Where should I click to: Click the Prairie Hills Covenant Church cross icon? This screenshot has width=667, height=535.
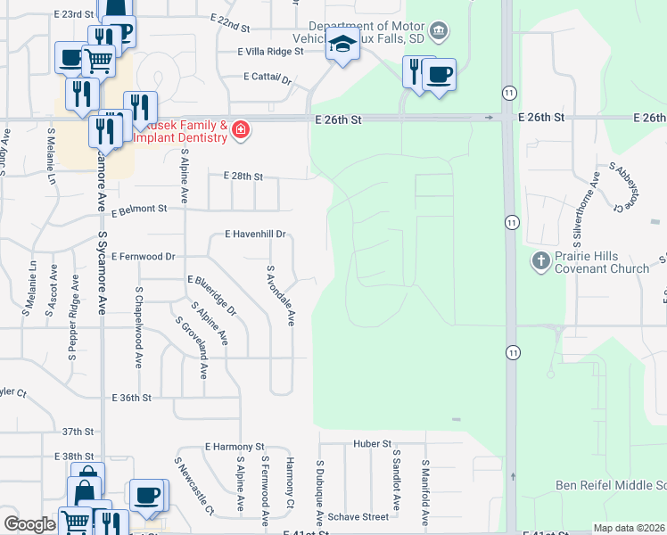point(540,261)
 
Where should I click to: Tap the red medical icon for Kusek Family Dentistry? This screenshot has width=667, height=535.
point(240,131)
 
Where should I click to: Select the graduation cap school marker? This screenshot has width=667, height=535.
point(342,45)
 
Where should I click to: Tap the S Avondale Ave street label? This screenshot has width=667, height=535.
point(279,295)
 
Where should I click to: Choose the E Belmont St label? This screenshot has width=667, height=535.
point(139,210)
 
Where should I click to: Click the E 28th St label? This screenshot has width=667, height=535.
point(243,177)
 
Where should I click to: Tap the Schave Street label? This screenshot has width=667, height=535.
point(358,516)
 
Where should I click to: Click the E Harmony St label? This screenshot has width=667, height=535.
point(235,446)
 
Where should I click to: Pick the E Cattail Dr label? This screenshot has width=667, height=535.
point(268,78)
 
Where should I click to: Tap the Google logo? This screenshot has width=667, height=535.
point(29,524)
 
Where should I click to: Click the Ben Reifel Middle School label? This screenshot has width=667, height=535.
point(610,485)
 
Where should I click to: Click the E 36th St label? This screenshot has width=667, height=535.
point(132,398)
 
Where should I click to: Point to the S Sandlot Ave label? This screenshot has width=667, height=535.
point(398,480)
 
